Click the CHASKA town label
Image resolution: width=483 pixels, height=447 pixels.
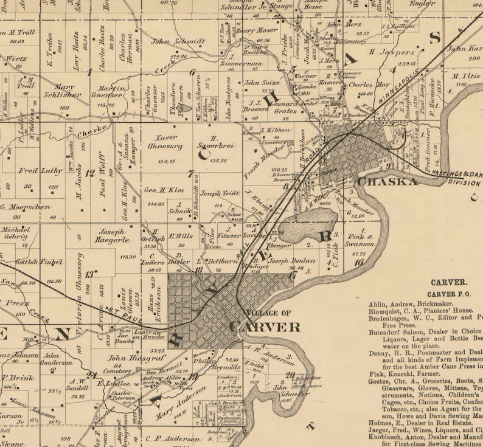point(387,182)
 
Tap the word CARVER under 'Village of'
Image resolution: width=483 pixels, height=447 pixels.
point(265,327)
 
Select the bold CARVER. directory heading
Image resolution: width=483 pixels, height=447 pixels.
point(448,282)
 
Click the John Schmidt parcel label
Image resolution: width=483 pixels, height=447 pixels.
point(169,42)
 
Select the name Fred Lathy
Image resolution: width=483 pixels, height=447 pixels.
point(36,171)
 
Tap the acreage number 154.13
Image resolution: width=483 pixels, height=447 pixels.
point(165,161)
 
